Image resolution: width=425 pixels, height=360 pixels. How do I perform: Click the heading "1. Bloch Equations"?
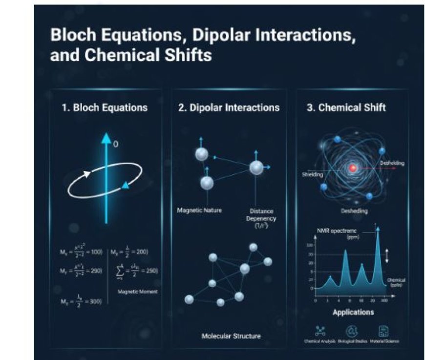[105, 107]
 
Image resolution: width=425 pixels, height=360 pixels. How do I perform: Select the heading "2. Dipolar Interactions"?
[229, 107]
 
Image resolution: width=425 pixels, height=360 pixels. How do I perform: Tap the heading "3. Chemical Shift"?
[346, 107]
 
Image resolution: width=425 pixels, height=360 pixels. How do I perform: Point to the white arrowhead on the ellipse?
[87, 173]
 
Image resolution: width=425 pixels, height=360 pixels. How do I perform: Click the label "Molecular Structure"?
[231, 336]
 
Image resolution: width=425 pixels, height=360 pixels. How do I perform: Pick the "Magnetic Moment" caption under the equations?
[137, 292]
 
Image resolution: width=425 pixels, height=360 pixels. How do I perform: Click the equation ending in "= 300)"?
[81, 301]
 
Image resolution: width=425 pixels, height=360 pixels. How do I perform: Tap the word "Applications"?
[353, 312]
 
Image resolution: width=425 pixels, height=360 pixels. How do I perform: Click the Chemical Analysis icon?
[320, 331]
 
